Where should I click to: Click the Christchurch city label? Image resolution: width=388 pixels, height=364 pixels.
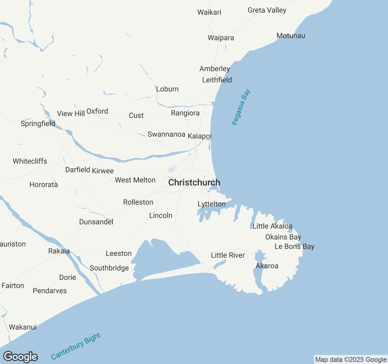tap(194, 183)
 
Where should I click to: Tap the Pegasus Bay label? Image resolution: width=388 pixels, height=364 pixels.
tap(241, 107)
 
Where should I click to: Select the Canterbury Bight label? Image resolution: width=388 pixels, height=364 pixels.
tap(75, 346)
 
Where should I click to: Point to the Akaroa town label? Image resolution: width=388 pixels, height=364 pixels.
tap(267, 266)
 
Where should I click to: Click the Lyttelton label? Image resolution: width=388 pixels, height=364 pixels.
tap(212, 204)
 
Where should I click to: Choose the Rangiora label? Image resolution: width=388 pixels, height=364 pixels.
tap(185, 113)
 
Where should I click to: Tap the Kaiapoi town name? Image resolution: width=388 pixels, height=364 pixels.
tap(199, 136)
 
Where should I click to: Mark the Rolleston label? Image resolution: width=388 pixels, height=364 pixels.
tap(138, 202)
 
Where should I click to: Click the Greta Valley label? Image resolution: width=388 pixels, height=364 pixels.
tap(267, 10)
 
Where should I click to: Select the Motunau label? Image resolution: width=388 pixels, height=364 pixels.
tap(291, 36)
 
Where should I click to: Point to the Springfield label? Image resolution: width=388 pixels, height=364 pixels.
tap(38, 123)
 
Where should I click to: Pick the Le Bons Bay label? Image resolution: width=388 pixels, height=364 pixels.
tap(294, 247)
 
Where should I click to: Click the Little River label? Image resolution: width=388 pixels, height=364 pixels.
tap(228, 255)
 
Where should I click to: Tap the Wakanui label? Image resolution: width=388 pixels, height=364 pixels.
tap(23, 327)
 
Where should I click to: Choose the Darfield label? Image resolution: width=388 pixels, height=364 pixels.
tap(78, 170)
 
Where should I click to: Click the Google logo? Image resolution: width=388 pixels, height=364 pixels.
tap(20, 357)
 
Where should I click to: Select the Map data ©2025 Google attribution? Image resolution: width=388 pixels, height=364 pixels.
tap(351, 360)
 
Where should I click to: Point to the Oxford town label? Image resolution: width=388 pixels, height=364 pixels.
tap(97, 111)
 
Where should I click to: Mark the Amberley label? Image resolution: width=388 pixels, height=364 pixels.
tap(215, 69)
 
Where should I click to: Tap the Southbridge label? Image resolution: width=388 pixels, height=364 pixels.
tap(109, 268)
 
